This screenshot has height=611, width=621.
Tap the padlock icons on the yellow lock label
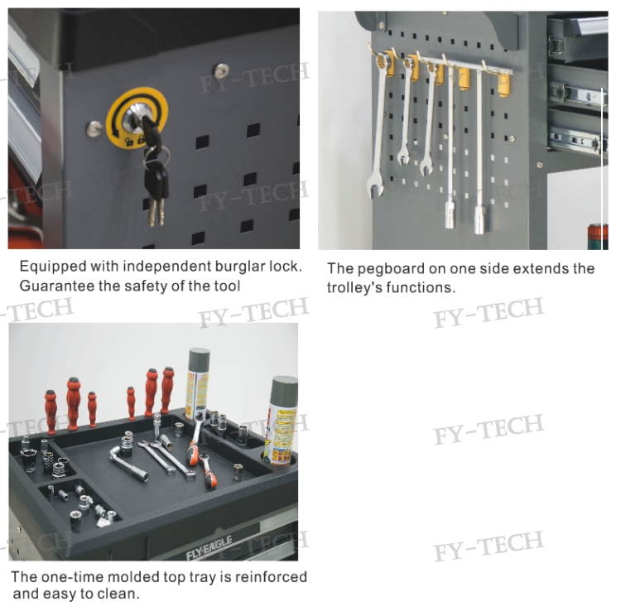coord(134,140)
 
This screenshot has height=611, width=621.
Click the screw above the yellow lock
coord(221,71)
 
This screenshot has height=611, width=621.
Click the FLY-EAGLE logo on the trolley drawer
coord(209,549)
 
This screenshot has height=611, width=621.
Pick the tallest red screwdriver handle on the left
coord(73,403)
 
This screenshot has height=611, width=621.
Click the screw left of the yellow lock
coord(94,128)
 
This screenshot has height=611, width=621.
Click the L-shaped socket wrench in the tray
coord(128,463)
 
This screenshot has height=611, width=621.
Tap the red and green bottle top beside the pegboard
coord(597,237)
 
